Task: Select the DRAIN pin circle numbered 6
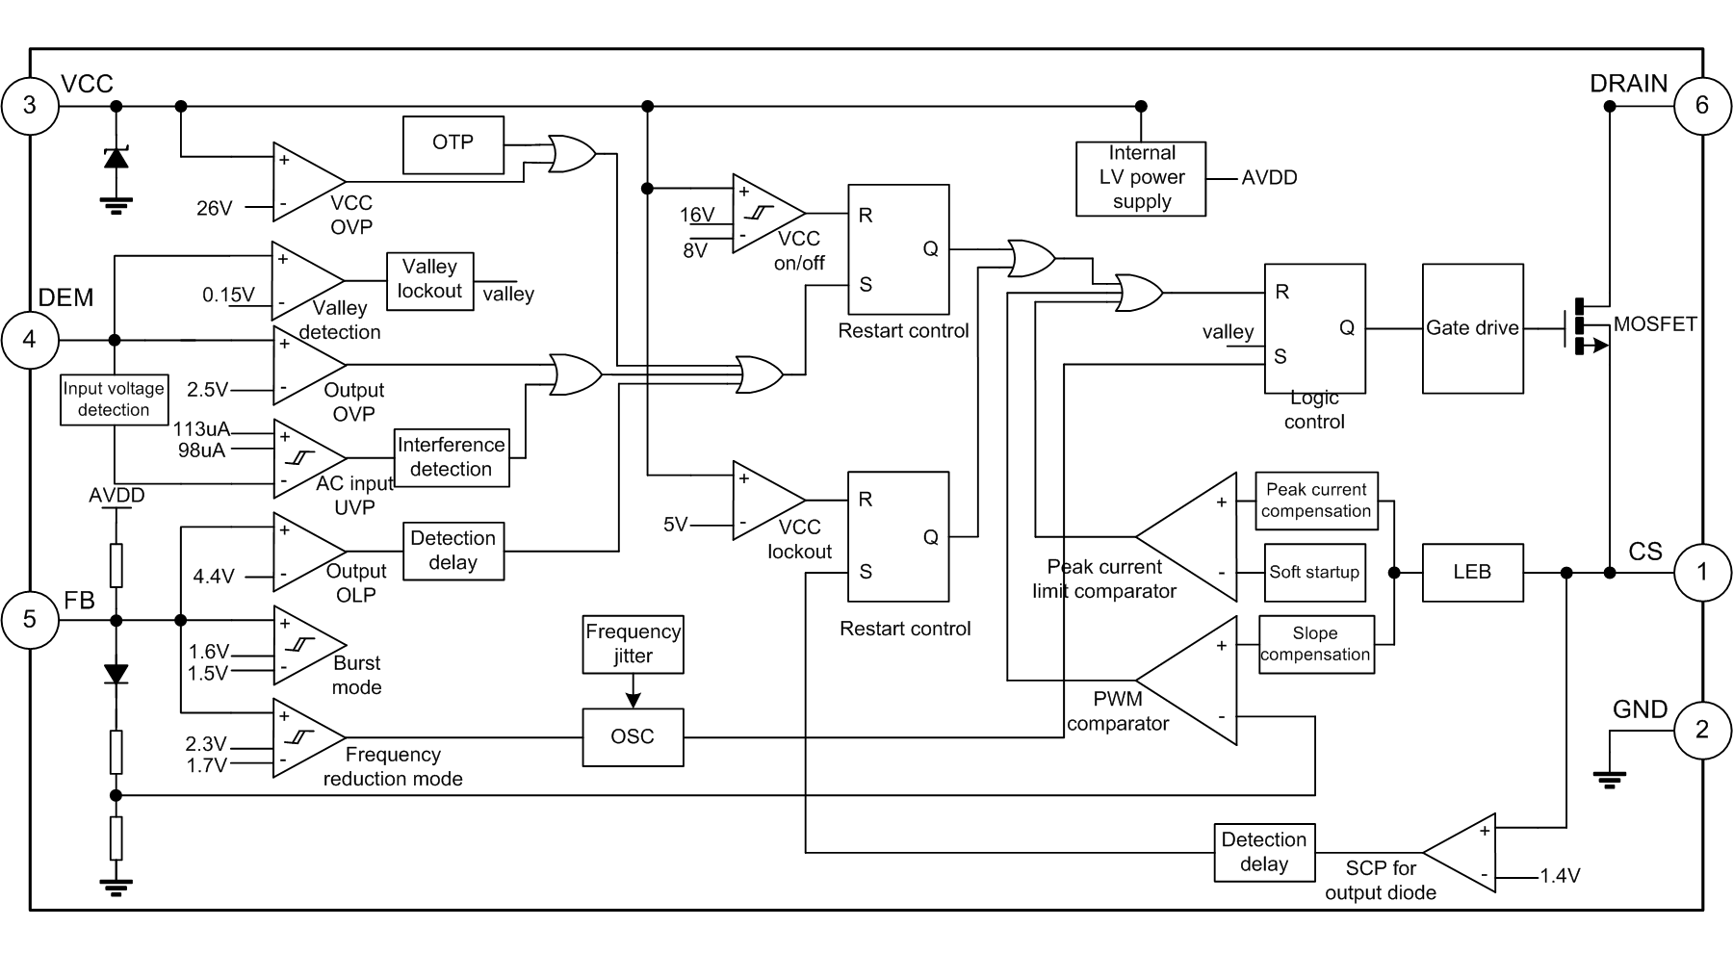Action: pyautogui.click(x=1702, y=106)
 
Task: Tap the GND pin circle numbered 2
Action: pyautogui.click(x=1702, y=729)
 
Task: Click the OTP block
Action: pyautogui.click(x=453, y=144)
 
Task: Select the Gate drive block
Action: pyautogui.click(x=1472, y=328)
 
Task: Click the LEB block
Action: pyautogui.click(x=1465, y=573)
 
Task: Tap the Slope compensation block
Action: pyautogui.click(x=1315, y=645)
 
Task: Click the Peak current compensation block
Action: pyautogui.click(x=1315, y=502)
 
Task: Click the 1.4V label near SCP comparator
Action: pyautogui.click(x=1559, y=876)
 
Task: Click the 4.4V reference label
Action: pyautogui.click(x=215, y=577)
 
